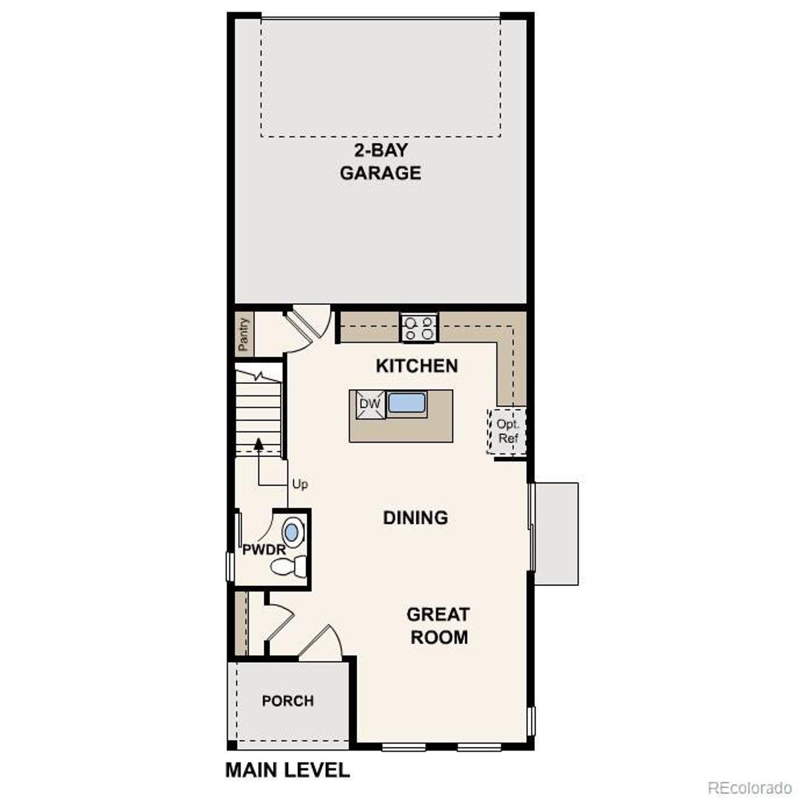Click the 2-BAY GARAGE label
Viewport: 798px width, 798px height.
tap(380, 161)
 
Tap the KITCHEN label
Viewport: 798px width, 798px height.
tap(416, 366)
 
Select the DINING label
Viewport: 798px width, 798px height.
tap(415, 517)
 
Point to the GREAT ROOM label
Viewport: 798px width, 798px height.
tap(438, 625)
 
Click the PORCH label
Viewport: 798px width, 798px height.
tap(287, 701)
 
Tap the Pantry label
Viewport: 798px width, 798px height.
tap(244, 334)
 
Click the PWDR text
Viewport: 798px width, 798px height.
tap(263, 550)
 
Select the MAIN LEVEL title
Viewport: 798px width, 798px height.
tap(287, 770)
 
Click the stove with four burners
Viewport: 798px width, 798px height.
tap(419, 328)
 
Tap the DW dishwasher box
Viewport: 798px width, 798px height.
tap(370, 404)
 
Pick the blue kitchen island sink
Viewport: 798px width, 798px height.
tap(406, 403)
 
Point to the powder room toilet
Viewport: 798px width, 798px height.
tap(288, 567)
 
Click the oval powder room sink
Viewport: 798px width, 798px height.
tap(291, 532)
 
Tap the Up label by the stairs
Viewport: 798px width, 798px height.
tap(300, 484)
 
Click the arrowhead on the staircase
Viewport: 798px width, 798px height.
tap(258, 443)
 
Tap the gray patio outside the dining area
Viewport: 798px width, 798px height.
tap(556, 533)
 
